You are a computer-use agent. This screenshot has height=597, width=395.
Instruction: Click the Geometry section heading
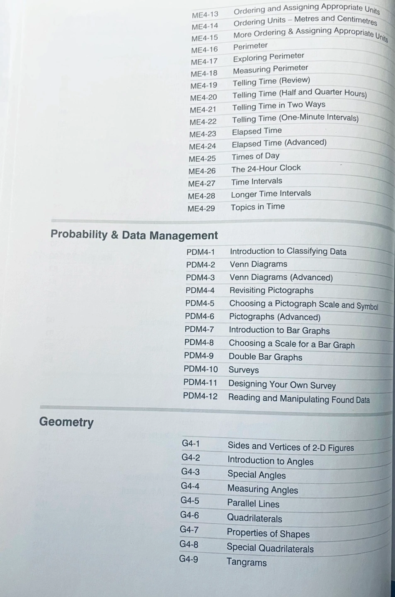point(66,422)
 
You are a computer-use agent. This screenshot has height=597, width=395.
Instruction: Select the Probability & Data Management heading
point(134,235)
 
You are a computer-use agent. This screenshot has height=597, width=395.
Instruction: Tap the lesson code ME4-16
point(204,50)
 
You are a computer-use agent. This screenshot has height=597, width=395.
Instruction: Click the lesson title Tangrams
point(247,562)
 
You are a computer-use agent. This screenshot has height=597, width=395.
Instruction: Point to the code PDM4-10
point(201,369)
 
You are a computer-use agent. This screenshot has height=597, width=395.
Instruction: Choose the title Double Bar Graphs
point(265,357)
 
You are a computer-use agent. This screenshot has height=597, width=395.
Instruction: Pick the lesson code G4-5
point(190,500)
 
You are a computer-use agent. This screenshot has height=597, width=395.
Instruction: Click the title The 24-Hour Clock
point(266,168)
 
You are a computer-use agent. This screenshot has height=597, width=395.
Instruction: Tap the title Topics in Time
point(258,207)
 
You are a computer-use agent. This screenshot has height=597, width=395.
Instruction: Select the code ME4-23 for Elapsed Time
point(203,134)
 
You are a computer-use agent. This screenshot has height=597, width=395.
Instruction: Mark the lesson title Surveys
point(244,370)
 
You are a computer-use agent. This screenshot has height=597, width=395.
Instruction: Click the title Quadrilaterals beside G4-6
point(254,518)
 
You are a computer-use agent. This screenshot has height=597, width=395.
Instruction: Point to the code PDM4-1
point(201,252)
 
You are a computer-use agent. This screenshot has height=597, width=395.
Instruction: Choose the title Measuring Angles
point(263,490)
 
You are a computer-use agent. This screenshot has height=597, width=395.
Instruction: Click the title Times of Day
point(256,156)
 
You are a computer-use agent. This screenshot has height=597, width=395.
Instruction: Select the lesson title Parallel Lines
point(253,504)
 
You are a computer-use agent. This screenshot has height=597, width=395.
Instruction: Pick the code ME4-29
point(201,208)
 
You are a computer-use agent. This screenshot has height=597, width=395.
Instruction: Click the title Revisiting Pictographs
point(271,290)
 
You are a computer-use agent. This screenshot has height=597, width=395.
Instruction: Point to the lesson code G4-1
point(191,444)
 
